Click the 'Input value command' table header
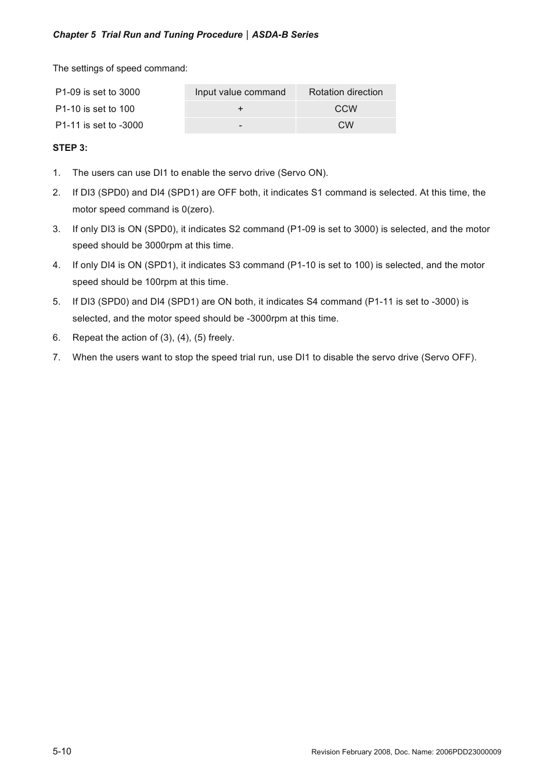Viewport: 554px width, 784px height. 240,92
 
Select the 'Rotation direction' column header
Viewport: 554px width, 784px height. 346,92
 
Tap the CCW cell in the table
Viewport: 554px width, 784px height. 346,109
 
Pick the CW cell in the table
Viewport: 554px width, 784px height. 346,125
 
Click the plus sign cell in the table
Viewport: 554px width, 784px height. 240,109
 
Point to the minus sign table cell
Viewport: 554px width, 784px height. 240,125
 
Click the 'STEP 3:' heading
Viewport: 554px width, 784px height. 70,148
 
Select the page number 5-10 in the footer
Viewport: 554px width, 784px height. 62,752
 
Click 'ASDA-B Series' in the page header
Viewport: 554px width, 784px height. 285,35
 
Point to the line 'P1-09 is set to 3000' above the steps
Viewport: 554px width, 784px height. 98,92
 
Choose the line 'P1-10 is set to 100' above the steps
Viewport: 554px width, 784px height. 95,109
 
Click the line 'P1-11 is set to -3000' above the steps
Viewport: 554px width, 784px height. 99,125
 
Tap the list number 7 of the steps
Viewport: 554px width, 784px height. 56,357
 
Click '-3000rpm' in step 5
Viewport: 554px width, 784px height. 267,319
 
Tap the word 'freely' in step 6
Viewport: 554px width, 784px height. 220,338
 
